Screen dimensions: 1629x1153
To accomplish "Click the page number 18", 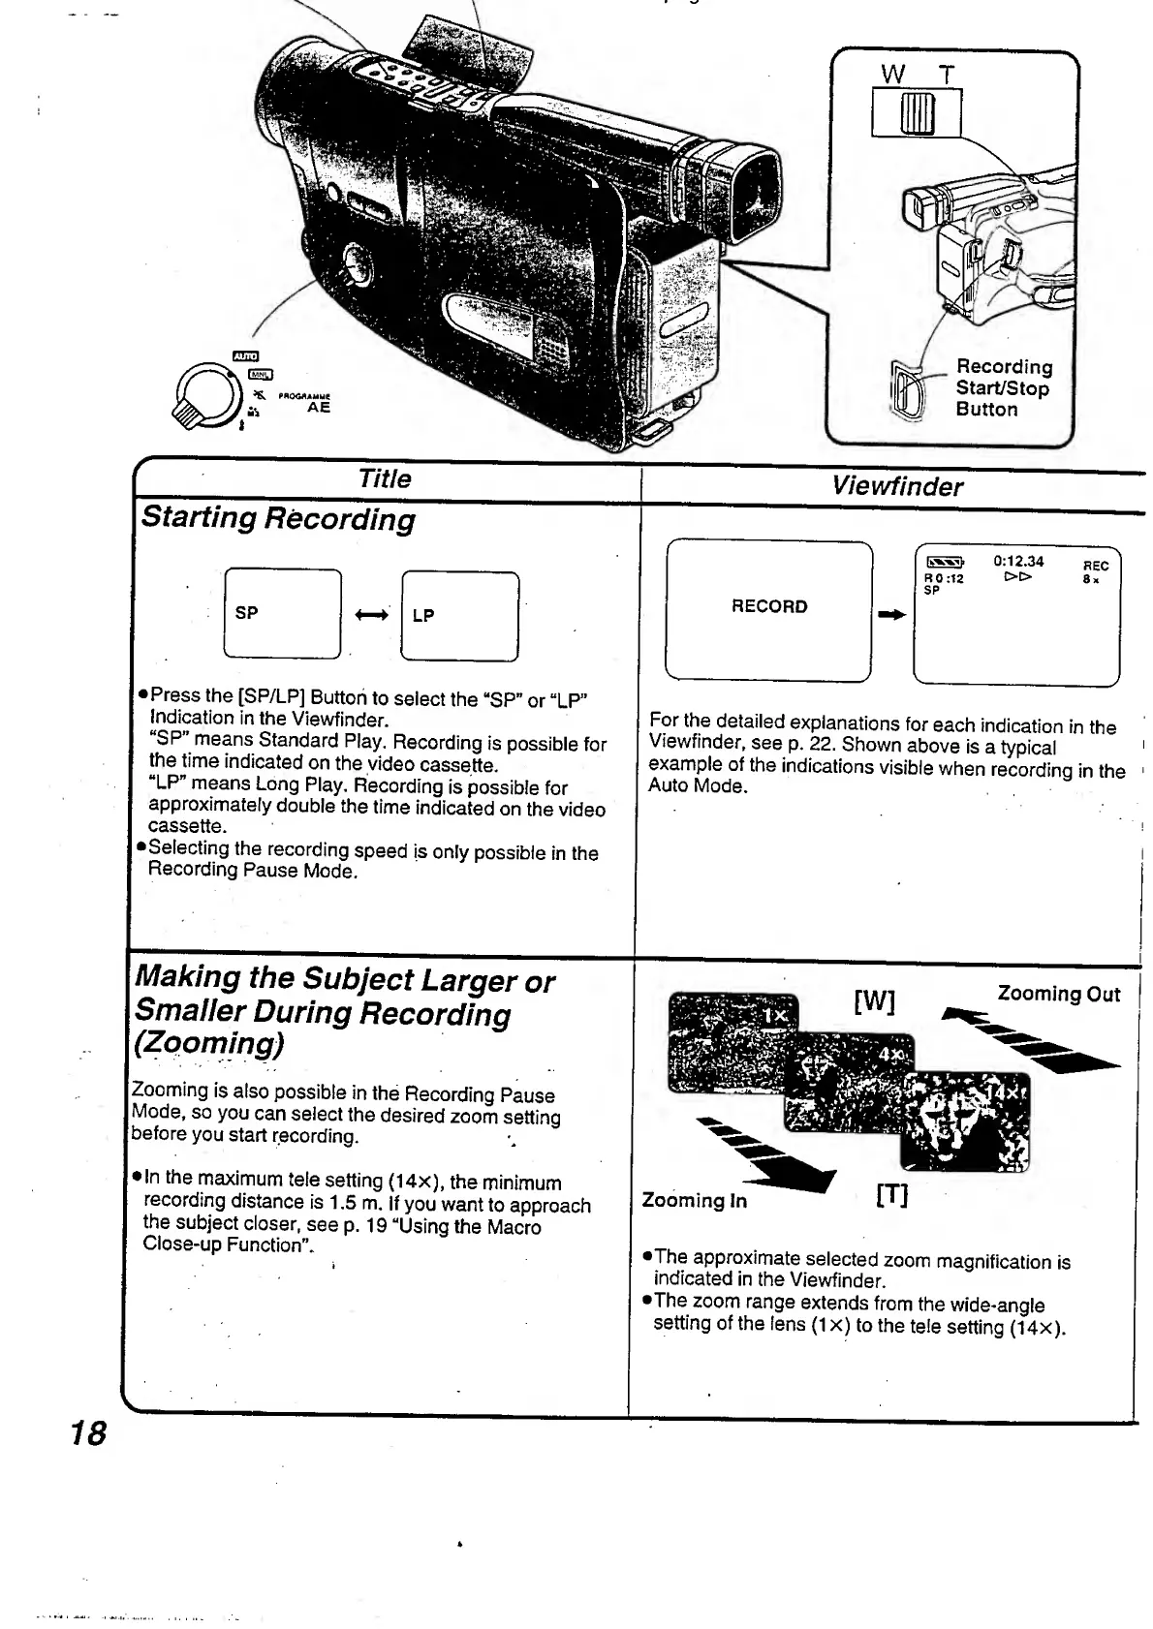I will (88, 1432).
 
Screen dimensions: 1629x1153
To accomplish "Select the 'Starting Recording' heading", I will (278, 518).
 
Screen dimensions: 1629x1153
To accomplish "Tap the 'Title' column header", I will (385, 478).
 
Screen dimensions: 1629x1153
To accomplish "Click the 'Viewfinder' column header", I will (897, 486).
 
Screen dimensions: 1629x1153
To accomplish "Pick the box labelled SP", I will (282, 614).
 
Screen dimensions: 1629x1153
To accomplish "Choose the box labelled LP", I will (459, 616).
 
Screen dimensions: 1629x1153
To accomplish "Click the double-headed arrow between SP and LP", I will (372, 615).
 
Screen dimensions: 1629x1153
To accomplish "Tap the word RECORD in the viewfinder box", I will (769, 607).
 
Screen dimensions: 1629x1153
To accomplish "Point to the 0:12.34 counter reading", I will (1018, 562).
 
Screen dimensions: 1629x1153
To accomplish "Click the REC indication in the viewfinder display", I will (1095, 566).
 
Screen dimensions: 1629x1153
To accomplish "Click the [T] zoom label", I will (891, 1197).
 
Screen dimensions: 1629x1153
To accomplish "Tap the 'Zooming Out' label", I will (1059, 995).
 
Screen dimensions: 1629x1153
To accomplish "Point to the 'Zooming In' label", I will (695, 1201).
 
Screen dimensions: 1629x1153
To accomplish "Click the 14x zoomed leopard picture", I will (964, 1121).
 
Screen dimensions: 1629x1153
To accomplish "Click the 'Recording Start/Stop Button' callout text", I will (1003, 388).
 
